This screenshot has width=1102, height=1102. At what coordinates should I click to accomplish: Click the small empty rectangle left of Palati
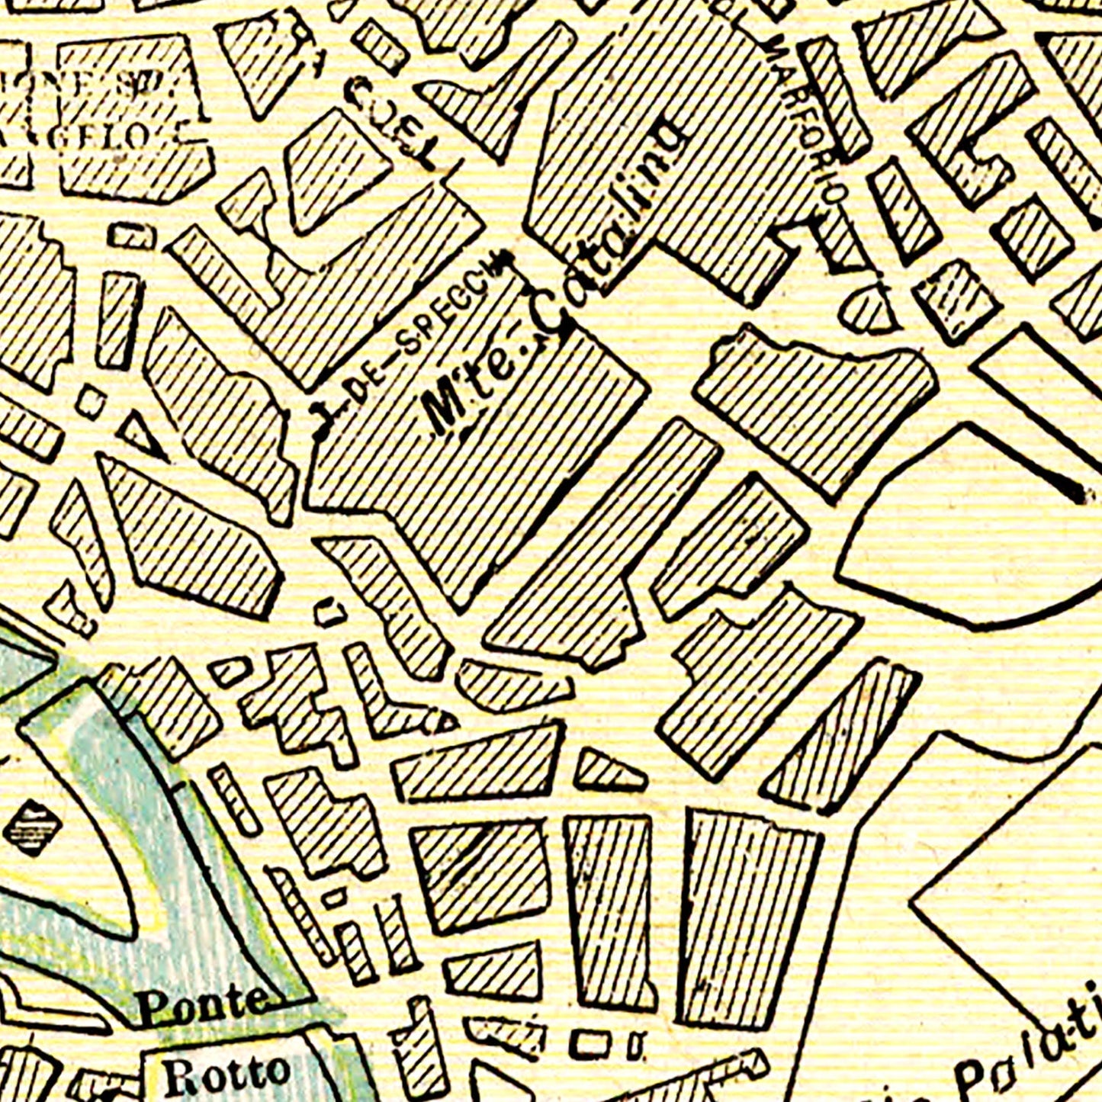(x=592, y=1044)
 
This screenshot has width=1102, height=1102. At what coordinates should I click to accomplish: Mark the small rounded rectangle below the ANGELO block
(x=132, y=236)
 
